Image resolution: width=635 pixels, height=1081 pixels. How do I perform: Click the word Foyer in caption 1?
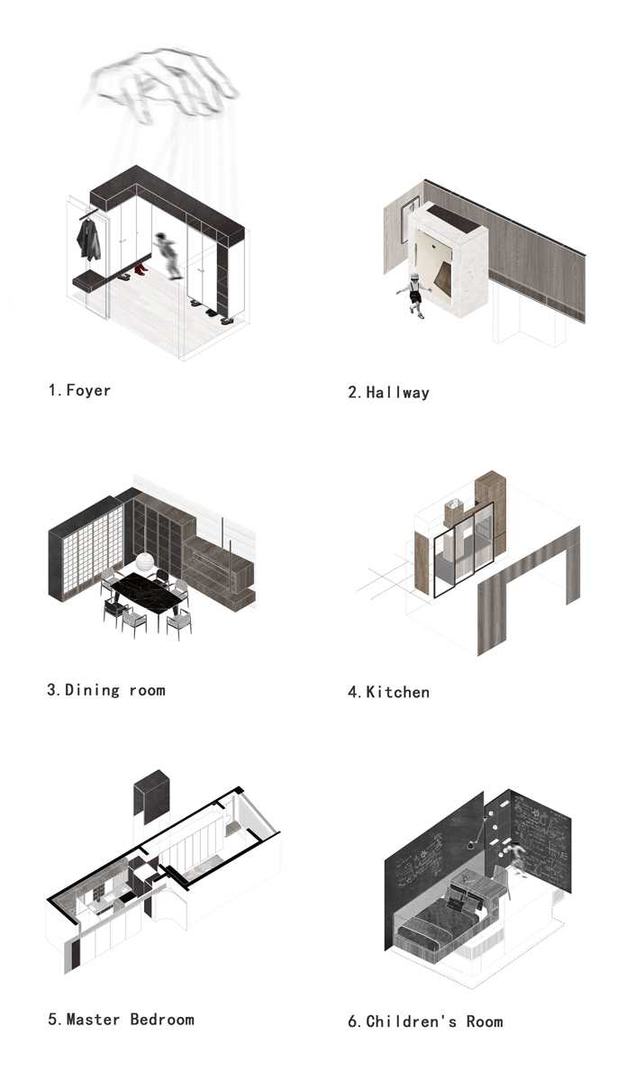(88, 390)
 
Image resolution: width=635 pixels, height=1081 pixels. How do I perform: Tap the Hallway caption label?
(397, 392)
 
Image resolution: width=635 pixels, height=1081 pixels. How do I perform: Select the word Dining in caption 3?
(92, 690)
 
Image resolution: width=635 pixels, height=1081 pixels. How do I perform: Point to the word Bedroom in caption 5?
(162, 1020)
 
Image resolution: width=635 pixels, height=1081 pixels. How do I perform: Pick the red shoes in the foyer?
(139, 269)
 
